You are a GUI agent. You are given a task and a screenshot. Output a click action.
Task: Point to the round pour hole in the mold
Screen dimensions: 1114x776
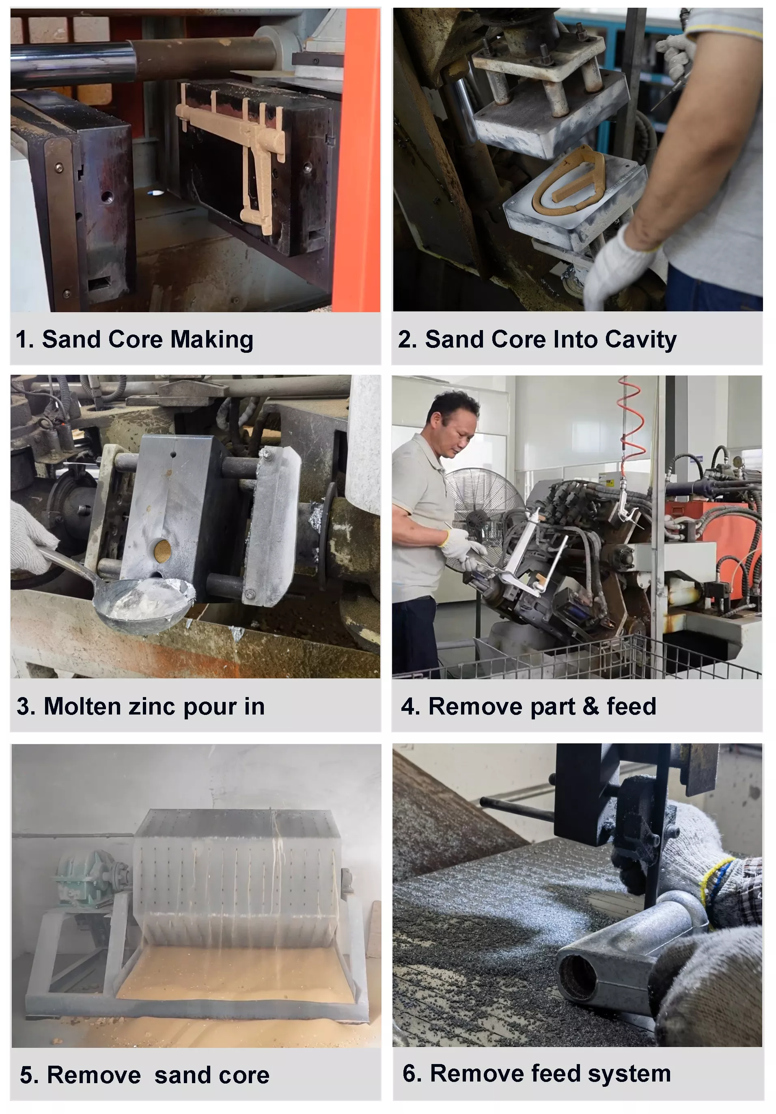point(162,551)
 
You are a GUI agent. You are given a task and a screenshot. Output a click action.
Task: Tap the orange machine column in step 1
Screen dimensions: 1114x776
point(361,160)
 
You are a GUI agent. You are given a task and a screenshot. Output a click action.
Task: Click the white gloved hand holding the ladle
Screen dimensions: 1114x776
point(32,539)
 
